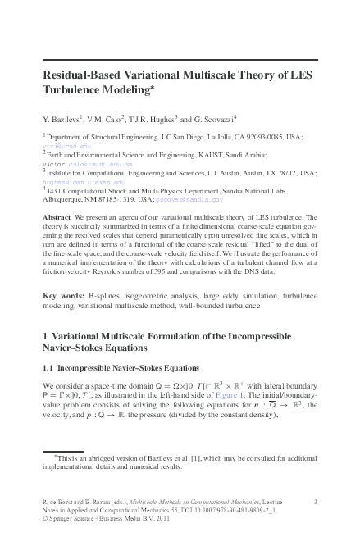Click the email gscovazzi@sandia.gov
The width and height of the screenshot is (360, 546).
191,198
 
